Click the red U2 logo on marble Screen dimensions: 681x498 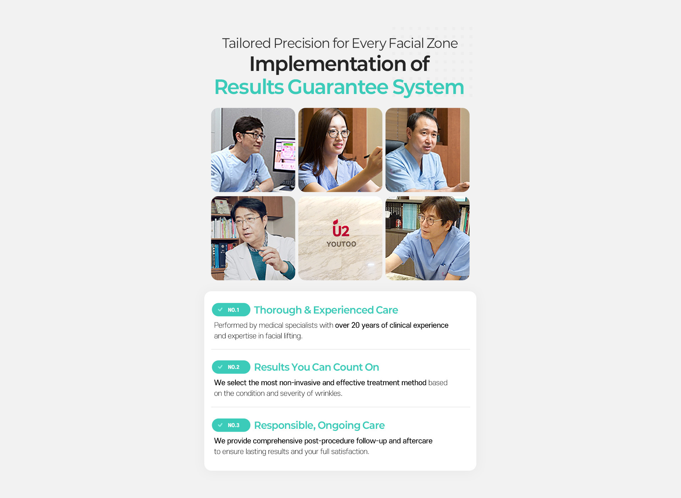(341, 228)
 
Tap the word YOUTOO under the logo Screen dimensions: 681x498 (341, 244)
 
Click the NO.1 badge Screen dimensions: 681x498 (231, 310)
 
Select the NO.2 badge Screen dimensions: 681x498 (231, 367)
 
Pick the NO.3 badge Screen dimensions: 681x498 (231, 425)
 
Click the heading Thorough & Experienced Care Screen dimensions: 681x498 (326, 310)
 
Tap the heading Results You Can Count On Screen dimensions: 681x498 (316, 367)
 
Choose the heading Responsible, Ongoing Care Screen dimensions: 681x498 (319, 425)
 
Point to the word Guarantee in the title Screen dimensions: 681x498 (338, 87)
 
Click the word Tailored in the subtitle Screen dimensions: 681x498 (247, 43)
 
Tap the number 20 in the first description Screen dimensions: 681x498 (355, 325)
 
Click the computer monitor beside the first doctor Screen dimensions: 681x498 (284, 155)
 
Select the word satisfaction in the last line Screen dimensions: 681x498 (350, 452)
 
